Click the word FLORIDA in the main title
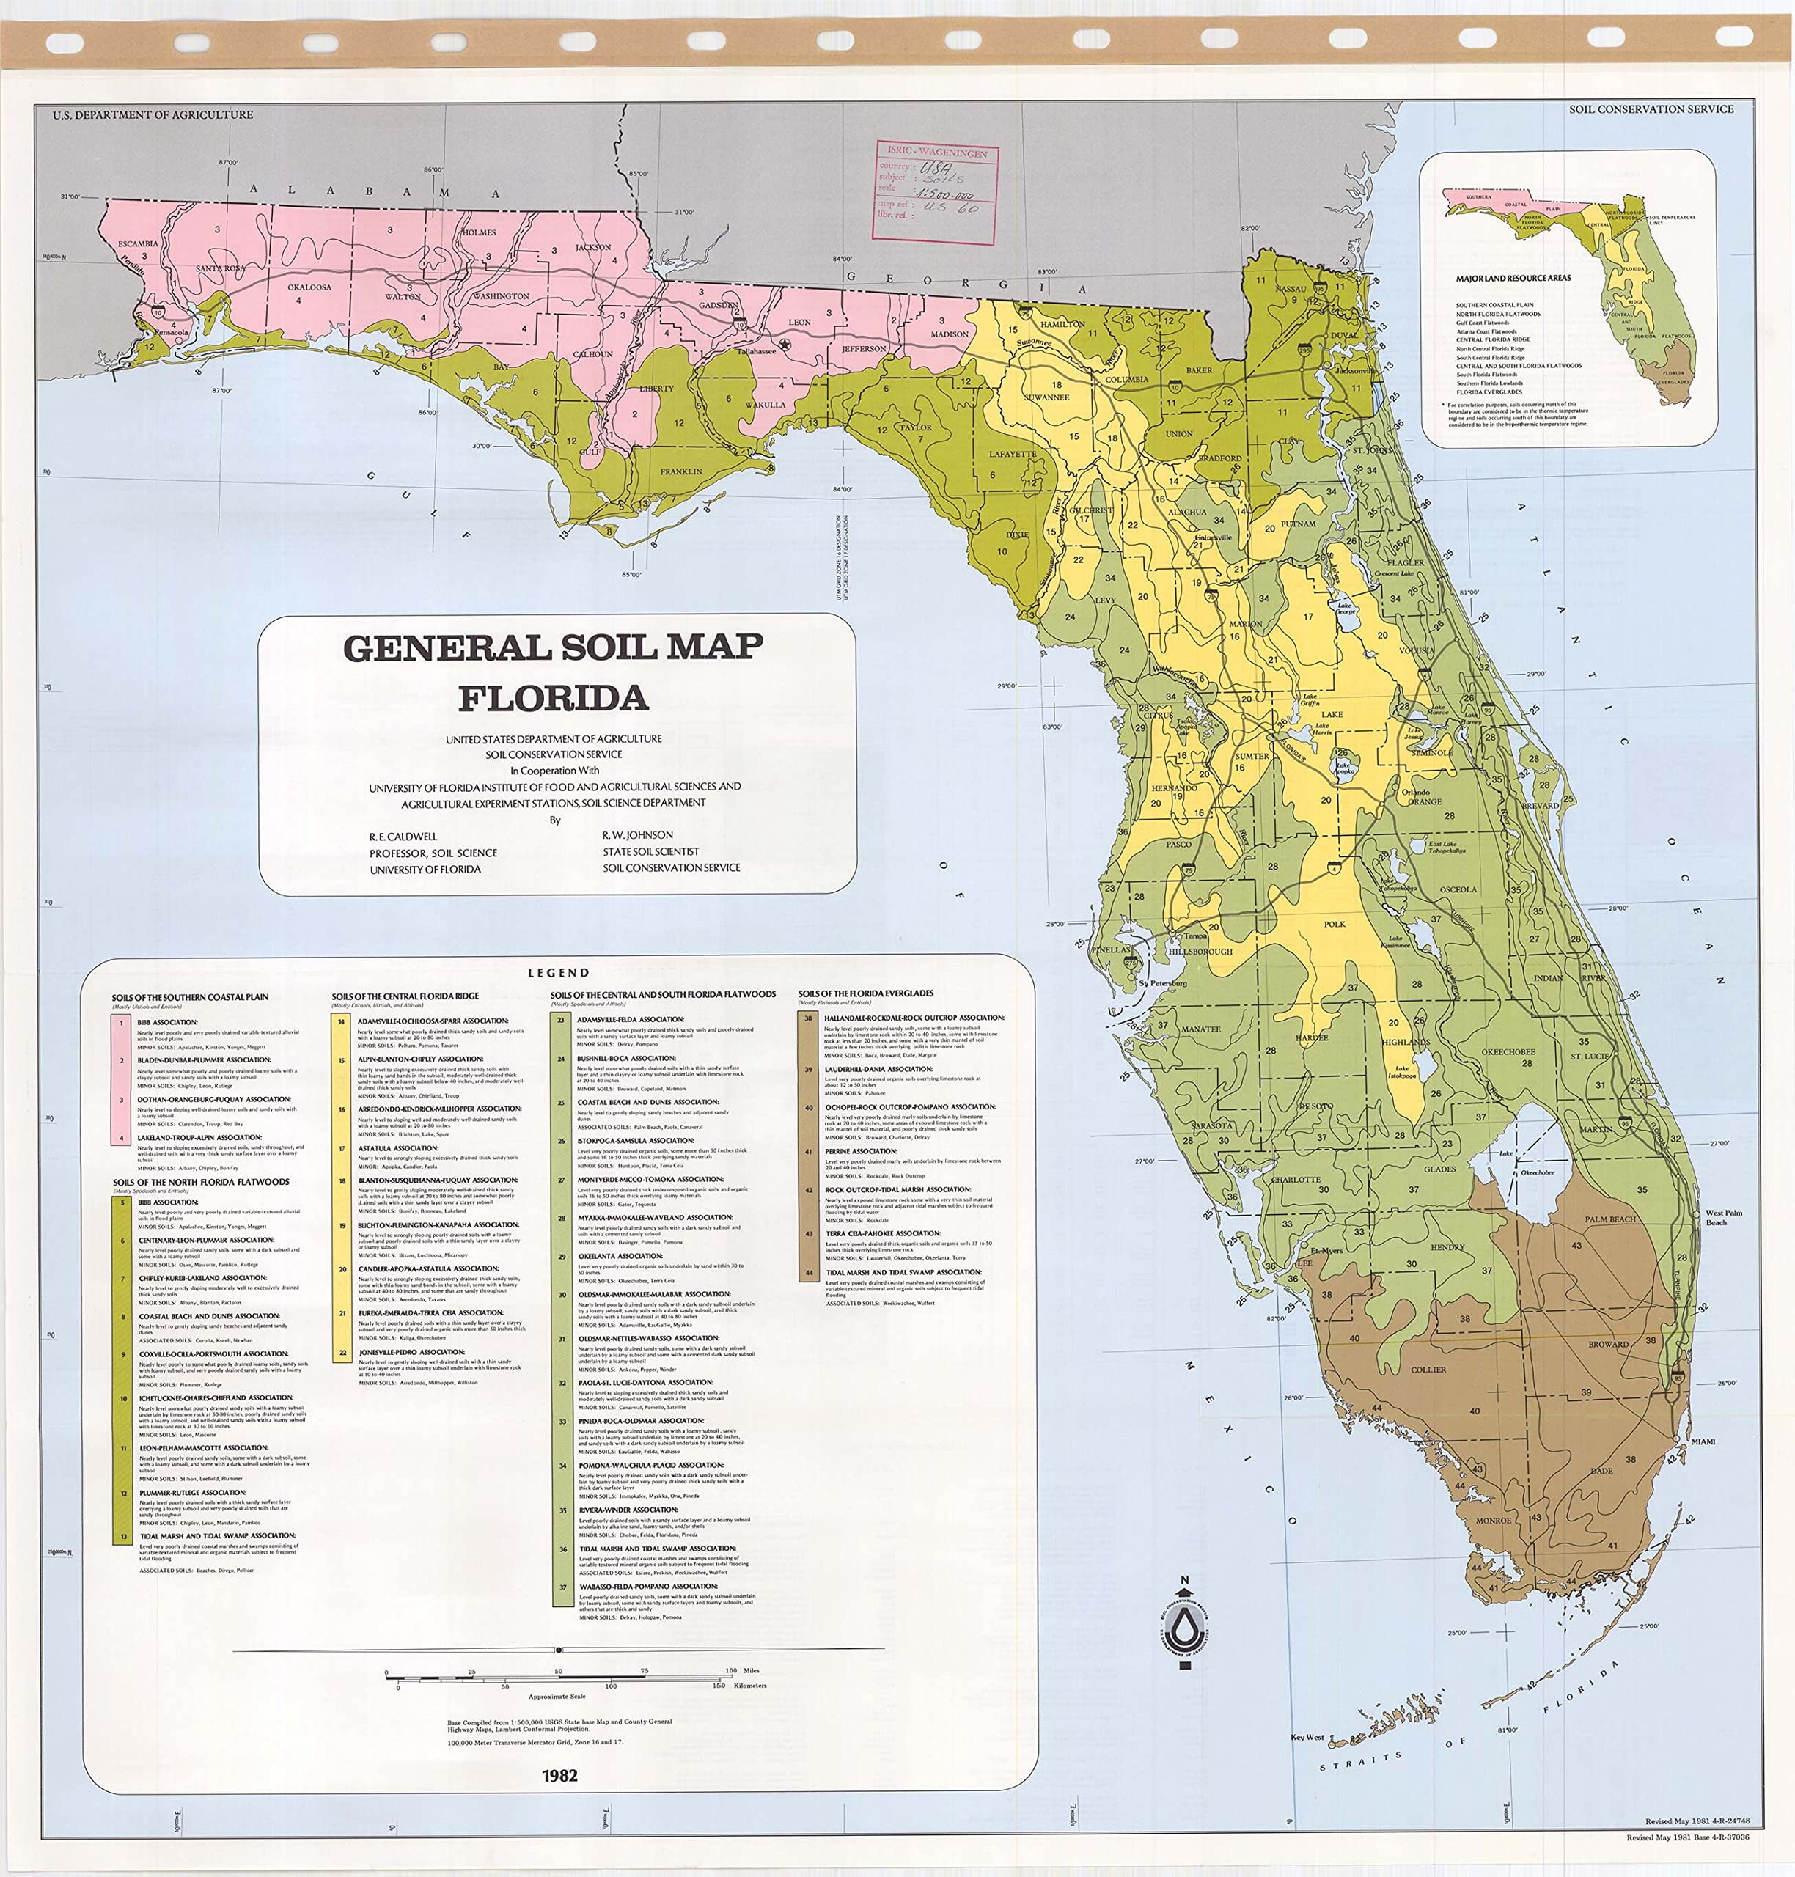tap(553, 698)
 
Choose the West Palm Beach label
tap(1723, 1217)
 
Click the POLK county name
tap(1335, 923)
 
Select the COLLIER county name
tap(1428, 1369)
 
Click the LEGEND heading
tap(559, 973)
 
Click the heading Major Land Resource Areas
tap(1513, 279)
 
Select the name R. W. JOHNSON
tap(637, 835)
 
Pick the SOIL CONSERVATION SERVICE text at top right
tap(1651, 109)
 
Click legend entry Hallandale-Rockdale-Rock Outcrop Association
tap(914, 1018)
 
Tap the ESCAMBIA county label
tap(138, 244)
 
